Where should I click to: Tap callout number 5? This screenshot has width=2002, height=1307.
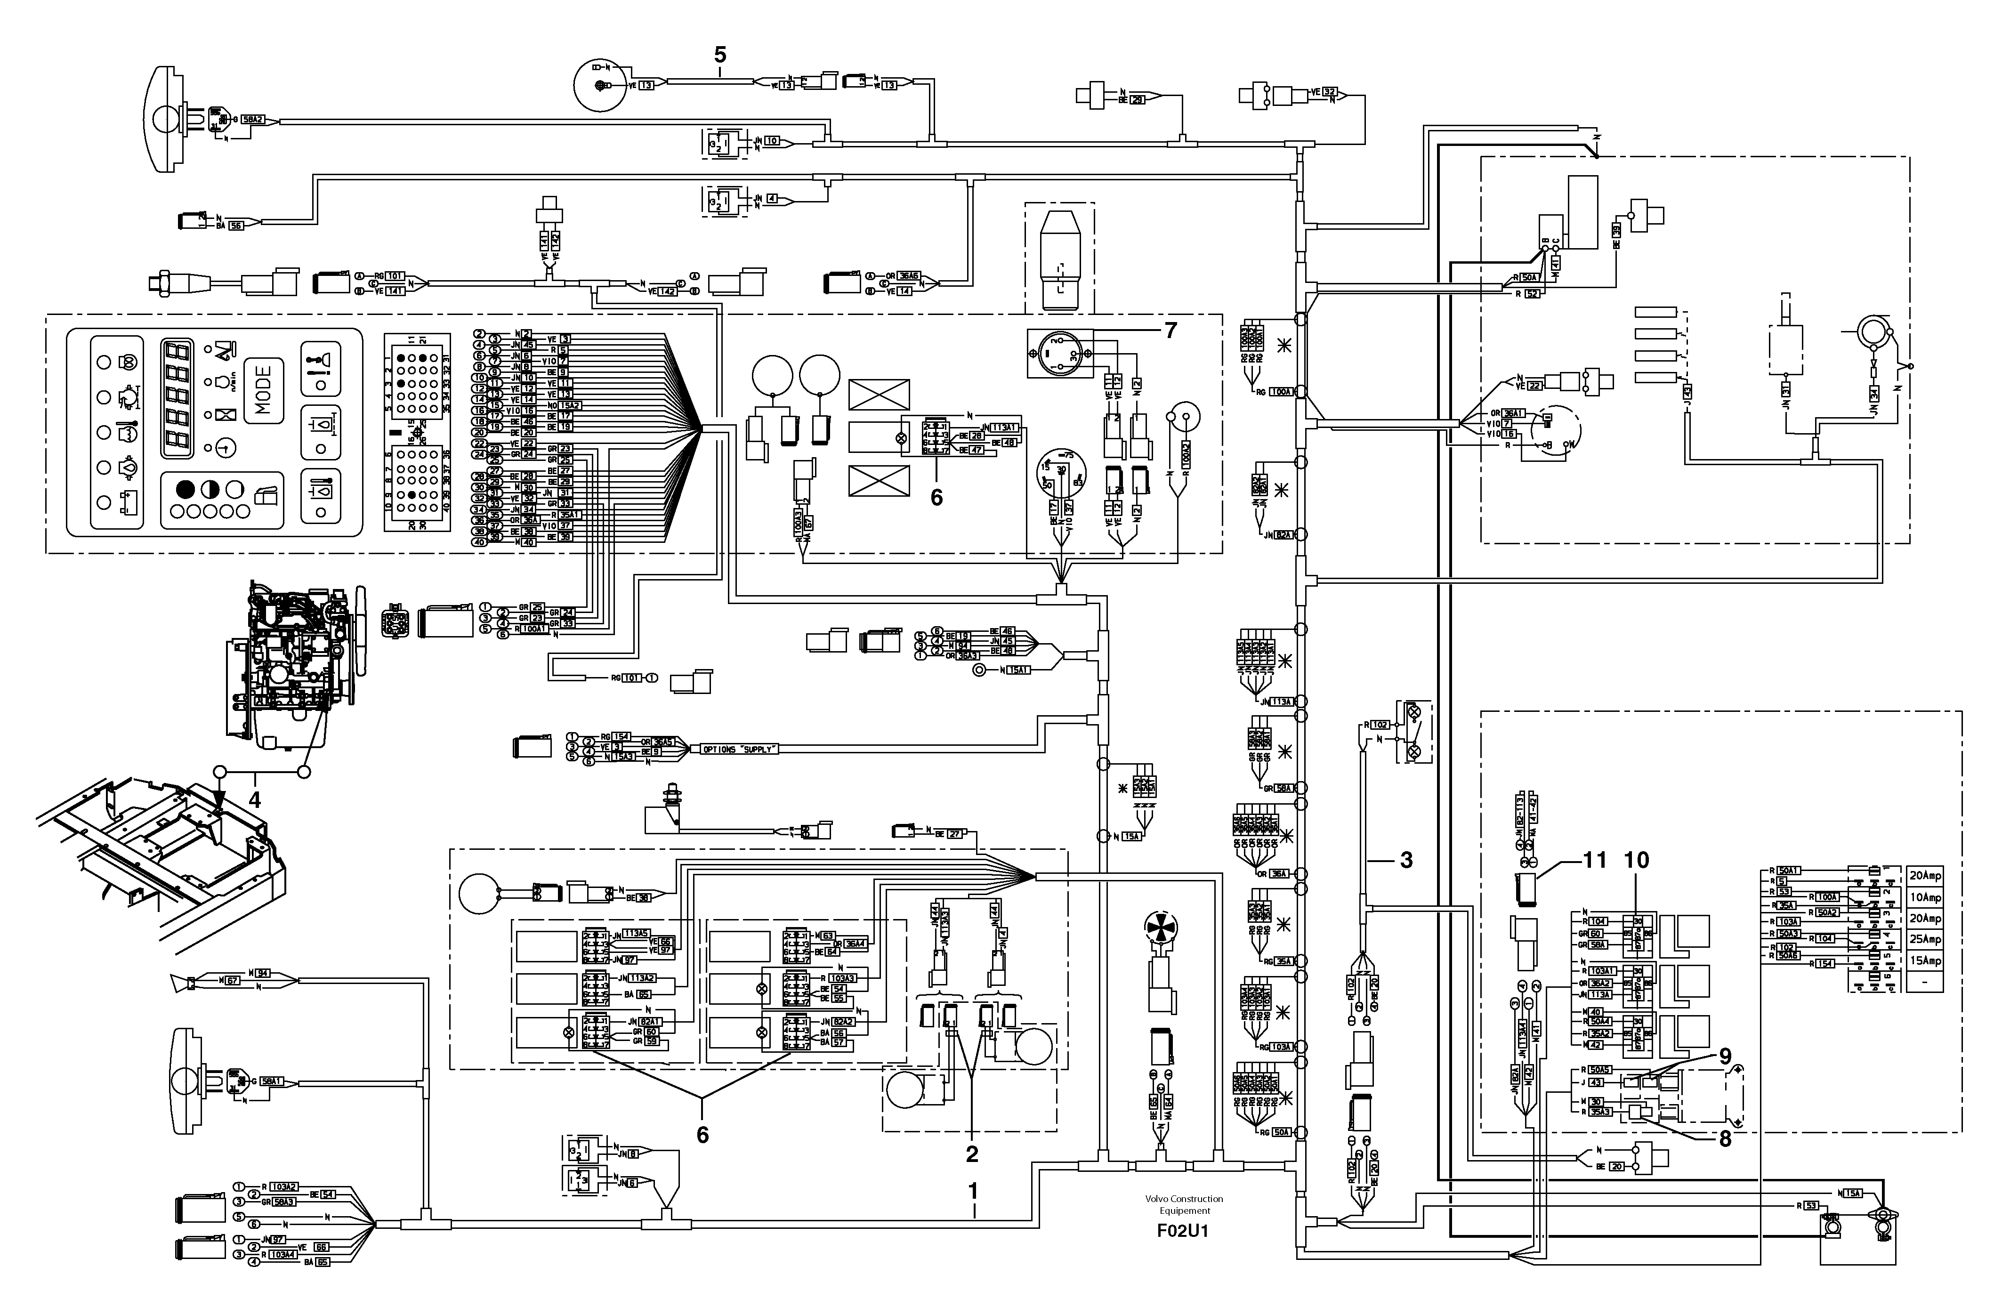(719, 56)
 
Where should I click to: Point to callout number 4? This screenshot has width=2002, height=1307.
(255, 799)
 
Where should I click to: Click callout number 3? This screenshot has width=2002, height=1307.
(1405, 860)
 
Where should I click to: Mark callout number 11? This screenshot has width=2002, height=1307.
(1595, 860)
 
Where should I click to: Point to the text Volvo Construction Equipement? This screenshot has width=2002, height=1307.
(1184, 1204)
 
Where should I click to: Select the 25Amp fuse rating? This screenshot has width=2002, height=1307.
(1925, 939)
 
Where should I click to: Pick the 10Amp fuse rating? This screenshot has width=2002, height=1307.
(1925, 897)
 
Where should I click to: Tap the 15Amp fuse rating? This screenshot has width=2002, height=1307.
(1925, 960)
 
